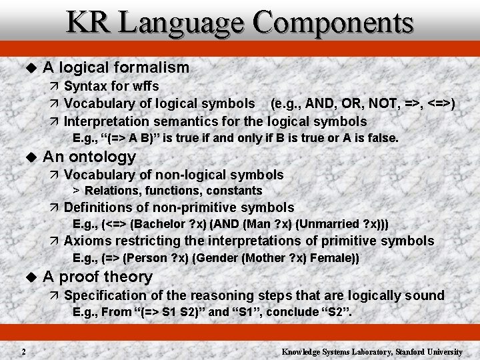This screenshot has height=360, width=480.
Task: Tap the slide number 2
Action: pyautogui.click(x=23, y=351)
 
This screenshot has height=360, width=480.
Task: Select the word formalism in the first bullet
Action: pyautogui.click(x=152, y=67)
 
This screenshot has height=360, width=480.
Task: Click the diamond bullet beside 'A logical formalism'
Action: pyautogui.click(x=29, y=68)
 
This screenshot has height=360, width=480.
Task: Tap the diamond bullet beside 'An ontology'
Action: pyautogui.click(x=29, y=157)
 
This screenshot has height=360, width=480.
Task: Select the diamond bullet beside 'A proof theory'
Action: pyautogui.click(x=29, y=277)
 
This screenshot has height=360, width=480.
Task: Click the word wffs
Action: pyautogui.click(x=144, y=86)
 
